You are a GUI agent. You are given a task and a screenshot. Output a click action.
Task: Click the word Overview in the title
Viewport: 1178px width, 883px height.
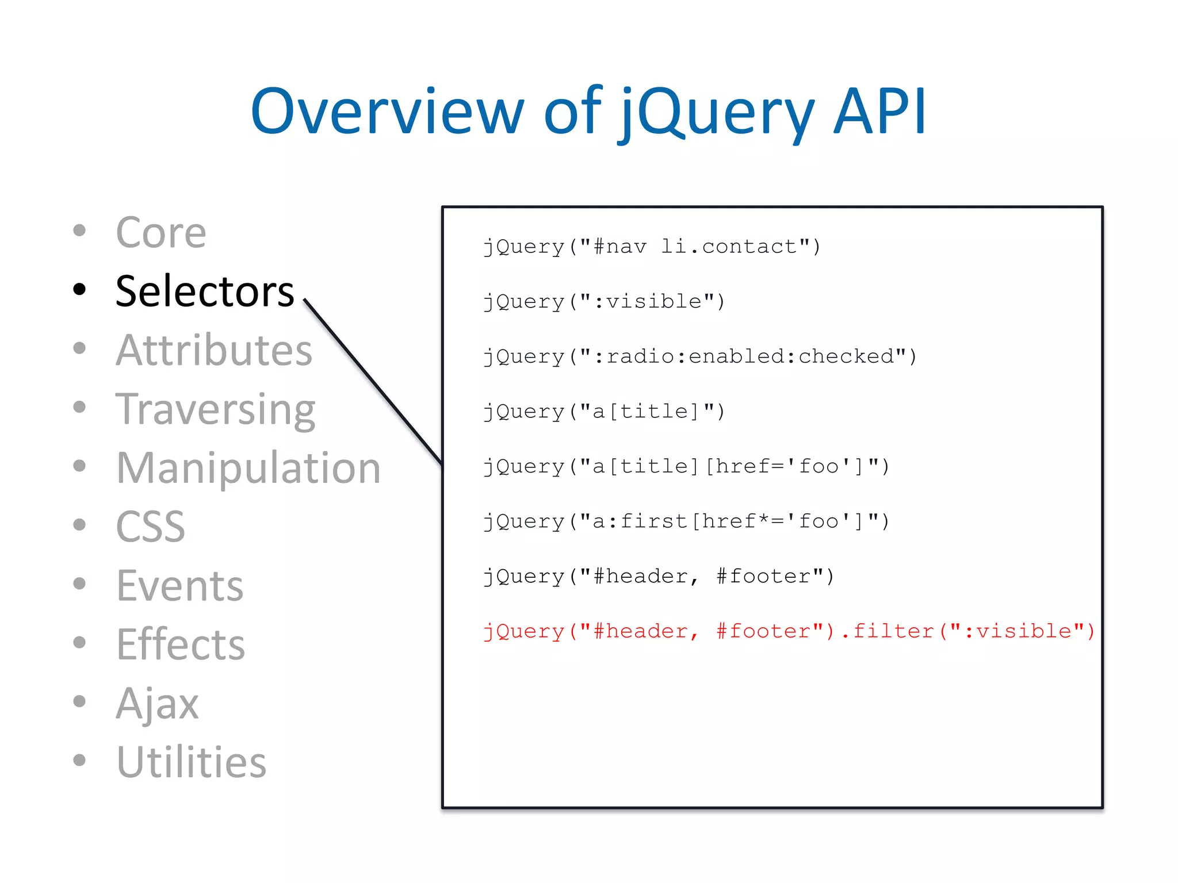(387, 112)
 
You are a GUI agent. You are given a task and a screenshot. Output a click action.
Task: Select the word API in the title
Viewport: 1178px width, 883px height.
(879, 112)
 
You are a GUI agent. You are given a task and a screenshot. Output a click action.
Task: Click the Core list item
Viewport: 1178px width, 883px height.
(160, 233)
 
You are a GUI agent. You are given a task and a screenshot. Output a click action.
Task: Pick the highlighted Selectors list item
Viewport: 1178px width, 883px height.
(204, 291)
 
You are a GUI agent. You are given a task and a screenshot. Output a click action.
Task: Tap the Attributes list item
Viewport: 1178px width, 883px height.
(213, 350)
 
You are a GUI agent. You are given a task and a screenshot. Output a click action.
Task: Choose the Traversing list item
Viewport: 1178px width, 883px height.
(215, 409)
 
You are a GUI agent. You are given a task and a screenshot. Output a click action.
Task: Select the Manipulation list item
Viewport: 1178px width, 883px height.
(248, 468)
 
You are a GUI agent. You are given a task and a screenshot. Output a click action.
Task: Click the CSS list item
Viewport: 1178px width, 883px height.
(150, 527)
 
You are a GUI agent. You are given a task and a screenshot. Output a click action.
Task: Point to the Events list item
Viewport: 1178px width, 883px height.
(179, 586)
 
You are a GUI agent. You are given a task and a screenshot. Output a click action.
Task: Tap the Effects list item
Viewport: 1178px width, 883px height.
(180, 644)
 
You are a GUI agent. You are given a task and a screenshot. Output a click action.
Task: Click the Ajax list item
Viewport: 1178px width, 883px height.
(157, 703)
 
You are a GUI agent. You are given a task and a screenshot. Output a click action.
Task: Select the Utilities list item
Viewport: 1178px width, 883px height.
(191, 762)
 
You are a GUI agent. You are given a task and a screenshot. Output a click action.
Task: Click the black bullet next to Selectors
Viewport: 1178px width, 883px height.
(79, 289)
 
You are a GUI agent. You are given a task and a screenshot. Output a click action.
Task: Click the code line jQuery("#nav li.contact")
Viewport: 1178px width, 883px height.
(652, 247)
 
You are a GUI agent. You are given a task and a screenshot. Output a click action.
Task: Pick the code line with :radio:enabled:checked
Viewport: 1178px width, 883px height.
(699, 356)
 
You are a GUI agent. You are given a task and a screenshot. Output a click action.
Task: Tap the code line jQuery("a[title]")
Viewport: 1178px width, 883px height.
(603, 412)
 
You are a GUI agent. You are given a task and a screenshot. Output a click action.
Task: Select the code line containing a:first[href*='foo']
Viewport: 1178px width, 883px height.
(686, 521)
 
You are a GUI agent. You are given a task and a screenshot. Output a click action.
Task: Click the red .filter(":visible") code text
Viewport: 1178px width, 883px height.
(968, 631)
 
